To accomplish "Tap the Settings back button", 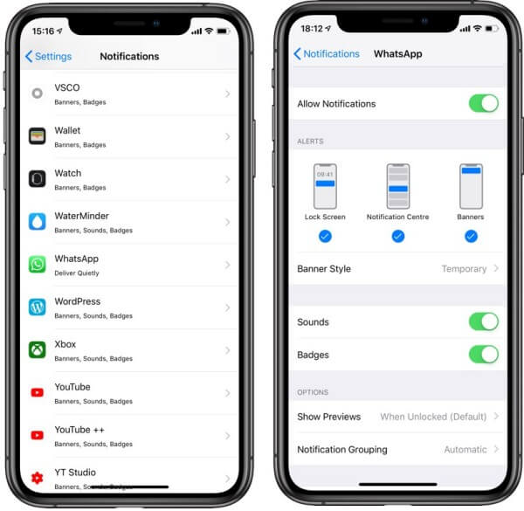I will (x=48, y=56).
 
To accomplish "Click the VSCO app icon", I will (x=37, y=93).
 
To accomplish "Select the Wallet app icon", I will (x=37, y=136).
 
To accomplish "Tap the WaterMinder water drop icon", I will (x=37, y=222).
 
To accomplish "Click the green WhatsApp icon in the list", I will (x=37, y=264).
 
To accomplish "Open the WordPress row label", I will (x=77, y=301).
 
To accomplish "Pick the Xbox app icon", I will (x=37, y=349).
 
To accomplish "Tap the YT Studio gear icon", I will (x=37, y=478).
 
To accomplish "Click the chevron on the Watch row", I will (x=227, y=179).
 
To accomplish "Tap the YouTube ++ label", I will (x=79, y=430).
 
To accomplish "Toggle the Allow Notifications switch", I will (x=483, y=103).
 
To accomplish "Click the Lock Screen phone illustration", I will (x=325, y=186).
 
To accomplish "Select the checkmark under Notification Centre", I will (x=398, y=236).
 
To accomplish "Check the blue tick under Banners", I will (x=471, y=236).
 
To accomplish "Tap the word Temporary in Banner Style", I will (x=464, y=269).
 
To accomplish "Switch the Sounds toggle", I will (x=483, y=321).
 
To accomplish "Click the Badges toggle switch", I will (x=483, y=355).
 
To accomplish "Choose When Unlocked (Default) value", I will (x=431, y=417).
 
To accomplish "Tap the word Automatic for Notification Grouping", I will (x=465, y=450).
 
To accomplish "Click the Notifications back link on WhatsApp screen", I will (x=327, y=54).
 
